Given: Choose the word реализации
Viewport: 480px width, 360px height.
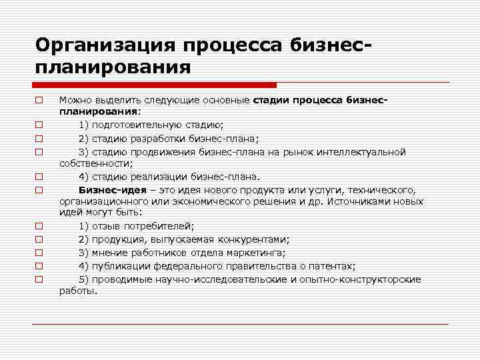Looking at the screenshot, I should click(x=155, y=177).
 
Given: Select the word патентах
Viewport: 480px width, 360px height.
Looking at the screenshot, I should click(x=331, y=265).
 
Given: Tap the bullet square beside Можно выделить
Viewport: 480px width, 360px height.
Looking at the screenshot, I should click(x=39, y=101).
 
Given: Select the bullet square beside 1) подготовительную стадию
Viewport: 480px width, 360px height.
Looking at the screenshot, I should click(x=39, y=125).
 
